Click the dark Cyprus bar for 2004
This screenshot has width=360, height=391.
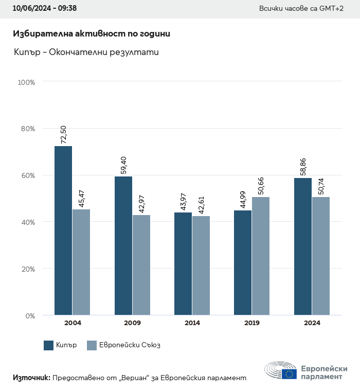tap(63, 230)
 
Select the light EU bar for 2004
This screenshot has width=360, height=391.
tap(81, 262)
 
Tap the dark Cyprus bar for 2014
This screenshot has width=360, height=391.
tap(183, 263)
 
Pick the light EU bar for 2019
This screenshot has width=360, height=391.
tap(261, 256)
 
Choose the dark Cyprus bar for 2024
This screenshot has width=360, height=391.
tap(303, 246)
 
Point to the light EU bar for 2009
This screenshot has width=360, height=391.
tap(141, 265)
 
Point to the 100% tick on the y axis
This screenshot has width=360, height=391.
tap(26, 82)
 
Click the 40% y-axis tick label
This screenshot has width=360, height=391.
tap(28, 222)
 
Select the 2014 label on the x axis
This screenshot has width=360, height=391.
tap(192, 323)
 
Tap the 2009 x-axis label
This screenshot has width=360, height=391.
tap(133, 323)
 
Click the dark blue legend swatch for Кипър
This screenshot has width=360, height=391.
tap(49, 345)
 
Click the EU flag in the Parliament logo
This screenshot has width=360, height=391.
tap(289, 374)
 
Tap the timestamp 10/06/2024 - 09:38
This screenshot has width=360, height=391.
tap(45, 9)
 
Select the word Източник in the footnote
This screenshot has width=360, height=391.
tap(31, 378)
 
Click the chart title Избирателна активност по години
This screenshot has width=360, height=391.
tap(92, 34)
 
